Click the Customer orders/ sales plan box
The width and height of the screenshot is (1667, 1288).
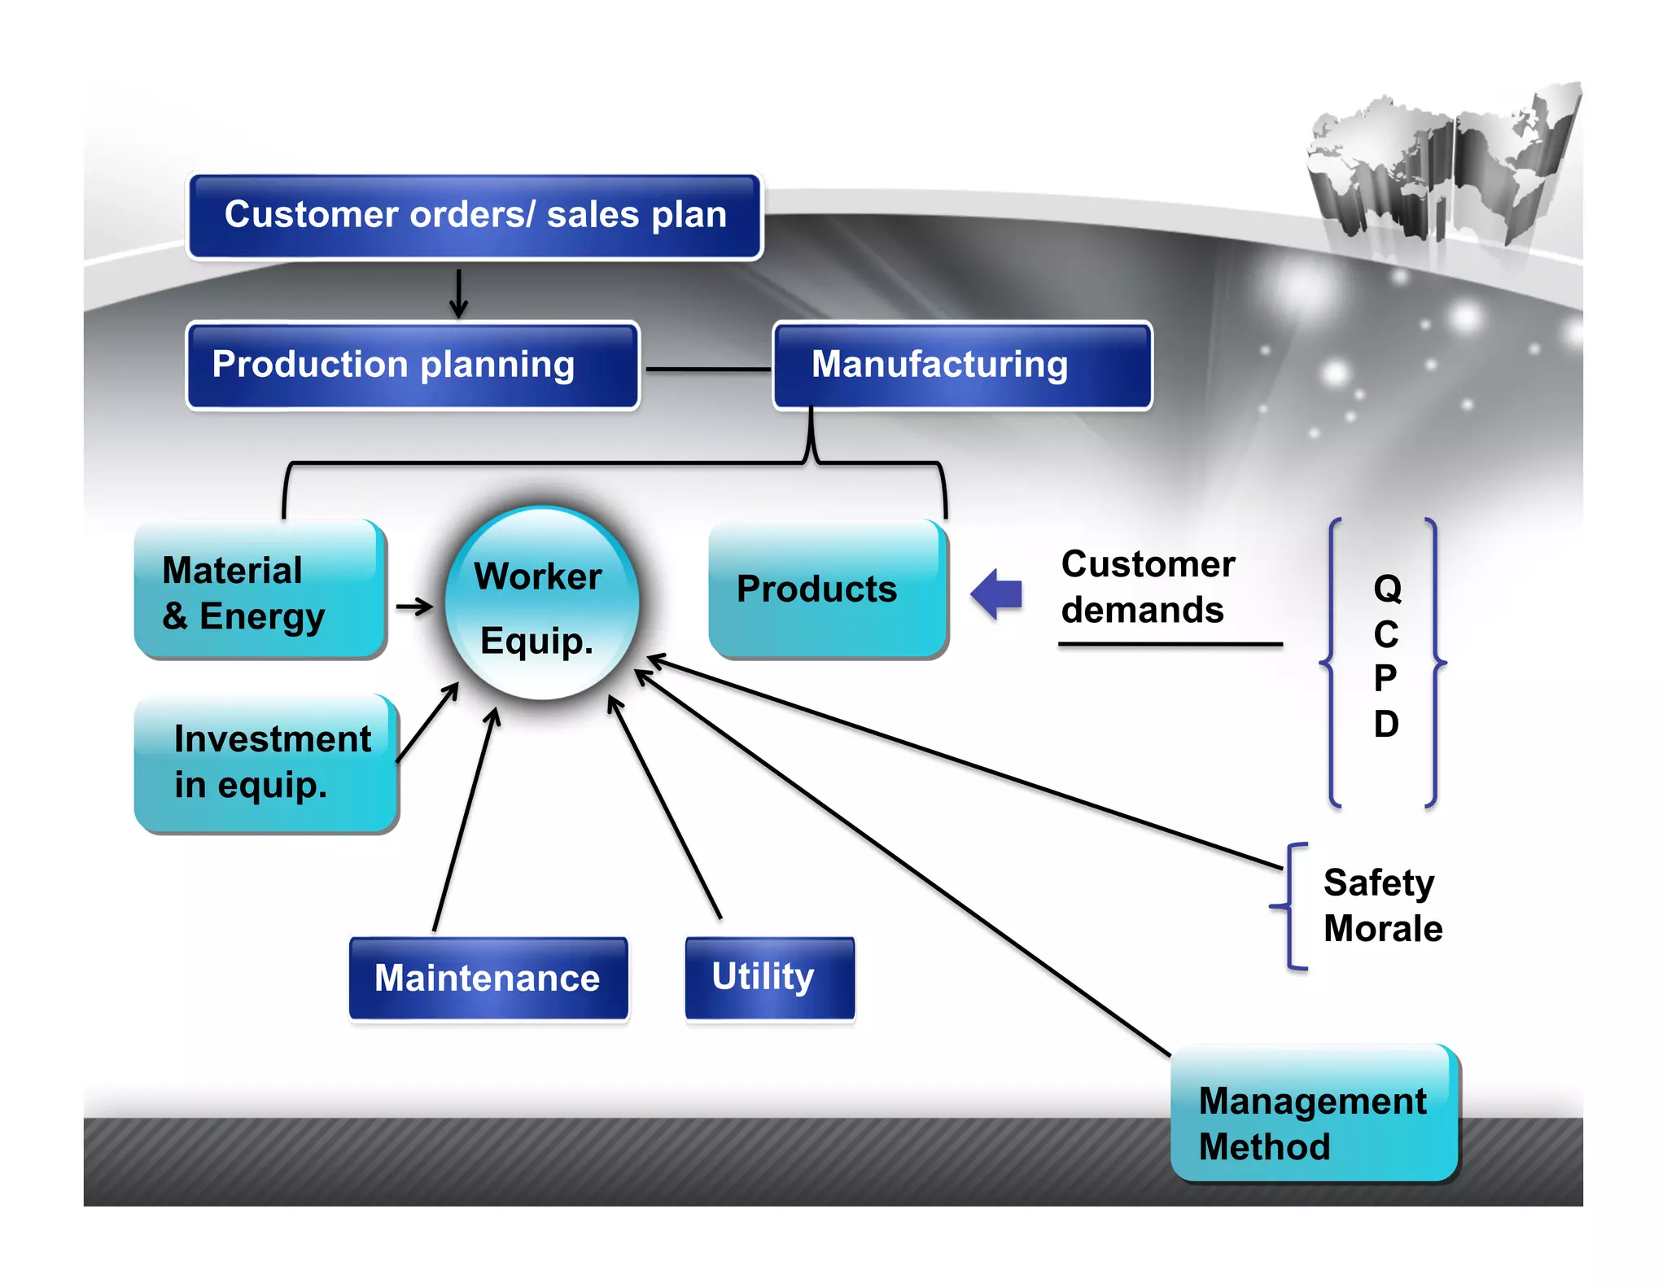475,216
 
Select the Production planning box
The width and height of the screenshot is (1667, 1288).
413,366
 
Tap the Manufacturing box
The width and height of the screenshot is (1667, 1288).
961,366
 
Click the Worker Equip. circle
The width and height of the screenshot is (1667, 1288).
541,604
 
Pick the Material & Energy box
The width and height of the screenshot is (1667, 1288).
259,589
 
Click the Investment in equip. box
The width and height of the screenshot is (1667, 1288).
265,763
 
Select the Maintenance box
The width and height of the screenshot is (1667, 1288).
488,978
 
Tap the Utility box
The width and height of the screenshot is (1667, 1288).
768,977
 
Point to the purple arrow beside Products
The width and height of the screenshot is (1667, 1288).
997,594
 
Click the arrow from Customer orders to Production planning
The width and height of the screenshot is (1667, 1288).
459,294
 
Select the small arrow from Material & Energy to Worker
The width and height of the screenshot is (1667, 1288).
414,607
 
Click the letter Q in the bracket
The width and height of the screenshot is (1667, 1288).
1387,589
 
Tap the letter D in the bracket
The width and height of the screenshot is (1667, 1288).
1386,724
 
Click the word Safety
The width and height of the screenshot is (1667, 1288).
1378,883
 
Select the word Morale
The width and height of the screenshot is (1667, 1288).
1382,929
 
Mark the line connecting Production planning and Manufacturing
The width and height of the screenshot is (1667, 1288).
707,370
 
